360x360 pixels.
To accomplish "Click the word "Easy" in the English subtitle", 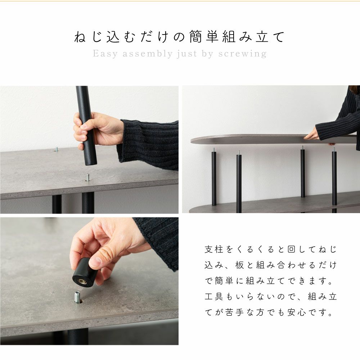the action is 105,54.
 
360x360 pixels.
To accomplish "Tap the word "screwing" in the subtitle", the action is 242,54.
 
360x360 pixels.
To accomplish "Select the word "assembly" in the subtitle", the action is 147,54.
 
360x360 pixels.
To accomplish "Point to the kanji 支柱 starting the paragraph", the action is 214,249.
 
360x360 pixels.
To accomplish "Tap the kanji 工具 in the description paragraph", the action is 214,297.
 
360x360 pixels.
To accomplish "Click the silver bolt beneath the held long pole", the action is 87,177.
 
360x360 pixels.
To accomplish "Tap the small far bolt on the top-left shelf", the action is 56,149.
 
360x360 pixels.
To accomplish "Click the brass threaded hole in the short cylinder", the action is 81,281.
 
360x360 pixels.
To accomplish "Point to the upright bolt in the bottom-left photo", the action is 78,298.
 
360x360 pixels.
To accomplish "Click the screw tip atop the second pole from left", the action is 239,153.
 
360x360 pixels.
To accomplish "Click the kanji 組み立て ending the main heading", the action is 253,37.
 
